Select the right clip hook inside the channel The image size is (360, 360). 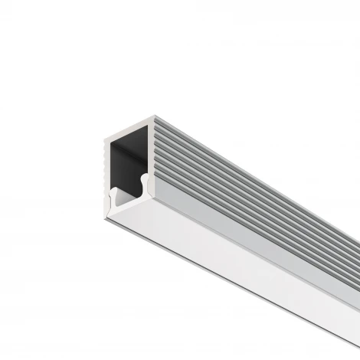click(146, 184)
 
